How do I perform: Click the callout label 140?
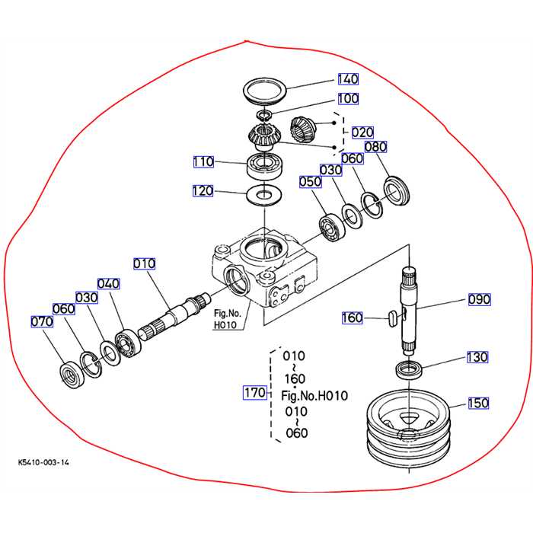tap(348, 79)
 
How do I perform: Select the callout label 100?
tap(348, 98)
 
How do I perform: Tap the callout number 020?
tap(362, 132)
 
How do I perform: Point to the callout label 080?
tap(375, 146)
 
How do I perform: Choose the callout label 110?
tap(203, 161)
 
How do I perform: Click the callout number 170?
tap(254, 393)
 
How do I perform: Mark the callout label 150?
tap(478, 403)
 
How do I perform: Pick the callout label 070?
tap(42, 321)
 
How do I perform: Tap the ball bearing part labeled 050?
tap(333, 227)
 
